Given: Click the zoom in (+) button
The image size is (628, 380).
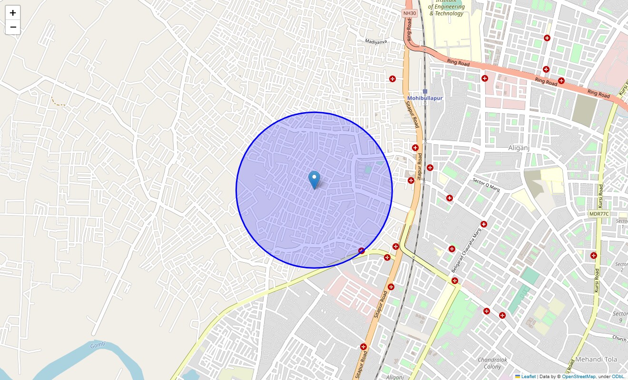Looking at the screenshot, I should click(x=13, y=13).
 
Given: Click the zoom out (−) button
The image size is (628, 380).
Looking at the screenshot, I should click(x=13, y=27).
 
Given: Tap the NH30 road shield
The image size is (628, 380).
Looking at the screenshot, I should click(x=409, y=13).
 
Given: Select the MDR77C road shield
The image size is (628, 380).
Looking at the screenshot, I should click(x=599, y=214).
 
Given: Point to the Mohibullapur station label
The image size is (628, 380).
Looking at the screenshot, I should click(x=425, y=98).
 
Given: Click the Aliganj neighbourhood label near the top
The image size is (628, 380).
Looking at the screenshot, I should click(x=519, y=148).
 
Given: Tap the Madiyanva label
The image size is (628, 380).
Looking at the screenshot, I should click(x=376, y=42).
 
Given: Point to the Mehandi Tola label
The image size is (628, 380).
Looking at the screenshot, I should click(x=596, y=360).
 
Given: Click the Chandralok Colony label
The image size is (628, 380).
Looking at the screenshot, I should click(x=492, y=363).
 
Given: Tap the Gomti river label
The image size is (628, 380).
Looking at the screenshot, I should click(x=97, y=346).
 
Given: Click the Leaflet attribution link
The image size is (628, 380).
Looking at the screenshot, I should click(x=528, y=377).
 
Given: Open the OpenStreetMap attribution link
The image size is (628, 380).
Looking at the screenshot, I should click(x=579, y=377).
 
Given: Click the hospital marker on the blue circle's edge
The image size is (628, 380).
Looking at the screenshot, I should click(x=362, y=250).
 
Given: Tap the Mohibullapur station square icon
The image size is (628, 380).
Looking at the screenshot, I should click(x=425, y=91).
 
